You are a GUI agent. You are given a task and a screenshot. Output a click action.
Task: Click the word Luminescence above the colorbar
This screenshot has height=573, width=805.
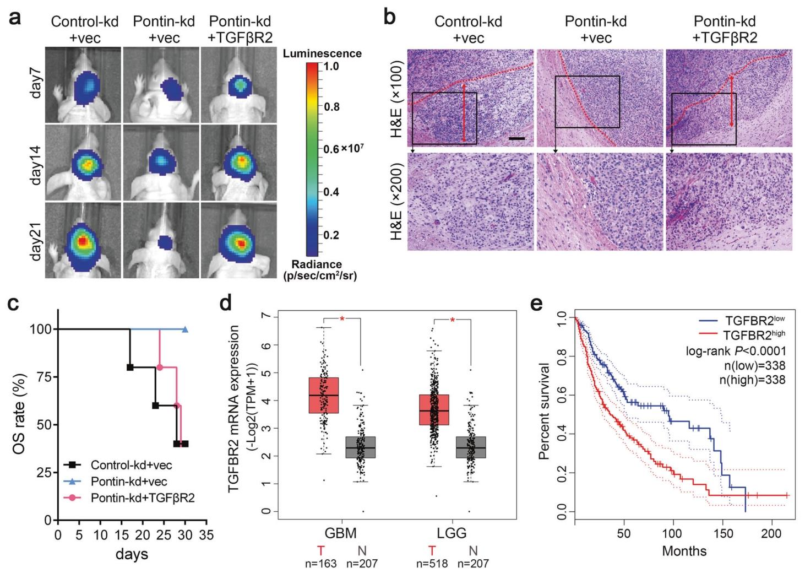point(322,53)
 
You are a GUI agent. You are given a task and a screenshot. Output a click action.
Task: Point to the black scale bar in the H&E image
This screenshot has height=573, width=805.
point(516,138)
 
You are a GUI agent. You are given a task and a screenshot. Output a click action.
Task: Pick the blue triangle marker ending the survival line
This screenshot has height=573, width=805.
point(185,329)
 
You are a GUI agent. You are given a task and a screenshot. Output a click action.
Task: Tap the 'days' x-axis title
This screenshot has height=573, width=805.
point(132,554)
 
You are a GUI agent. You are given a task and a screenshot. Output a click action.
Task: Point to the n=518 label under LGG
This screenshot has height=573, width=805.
point(433,563)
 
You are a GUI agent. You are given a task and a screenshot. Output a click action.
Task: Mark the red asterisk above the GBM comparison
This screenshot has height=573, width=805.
point(342,320)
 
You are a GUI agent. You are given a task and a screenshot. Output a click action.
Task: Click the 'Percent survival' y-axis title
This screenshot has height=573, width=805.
point(545,411)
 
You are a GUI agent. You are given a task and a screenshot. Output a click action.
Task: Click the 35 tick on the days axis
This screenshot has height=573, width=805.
point(206,534)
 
